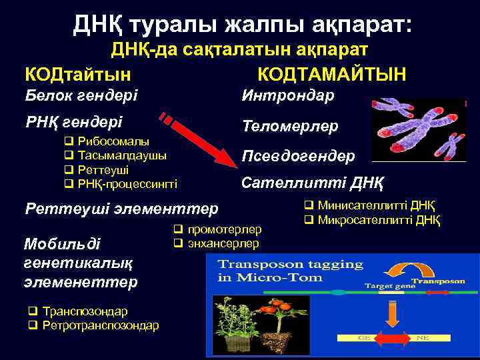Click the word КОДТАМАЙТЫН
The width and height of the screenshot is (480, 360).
[x=331, y=73]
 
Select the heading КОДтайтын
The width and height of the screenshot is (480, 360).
[x=77, y=73]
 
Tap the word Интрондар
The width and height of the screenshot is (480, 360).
[x=288, y=95]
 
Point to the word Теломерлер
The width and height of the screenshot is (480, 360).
[x=290, y=125]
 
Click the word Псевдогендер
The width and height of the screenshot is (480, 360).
[x=298, y=155]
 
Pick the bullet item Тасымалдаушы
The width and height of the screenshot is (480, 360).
[x=122, y=155]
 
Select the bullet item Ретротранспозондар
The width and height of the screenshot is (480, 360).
[x=100, y=325]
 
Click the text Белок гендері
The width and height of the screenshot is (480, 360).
[x=81, y=95]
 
